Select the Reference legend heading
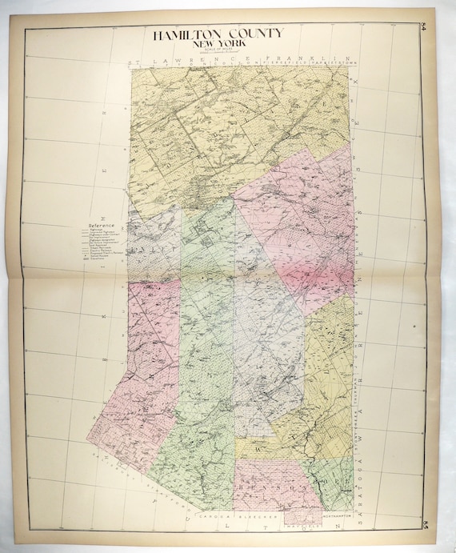pos(102,226)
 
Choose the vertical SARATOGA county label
pos(362,476)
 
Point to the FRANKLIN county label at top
pos(293,59)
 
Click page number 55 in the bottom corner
pos(423,526)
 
